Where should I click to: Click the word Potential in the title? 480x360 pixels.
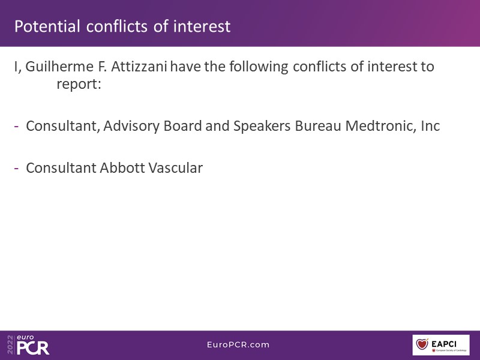[47, 26]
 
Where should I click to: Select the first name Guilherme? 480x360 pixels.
[59, 67]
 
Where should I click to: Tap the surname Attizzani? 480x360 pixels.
[139, 67]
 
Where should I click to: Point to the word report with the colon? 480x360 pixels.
[79, 85]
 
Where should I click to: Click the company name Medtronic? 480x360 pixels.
[380, 126]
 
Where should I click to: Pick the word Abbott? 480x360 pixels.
[122, 168]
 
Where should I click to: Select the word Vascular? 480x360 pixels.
[175, 168]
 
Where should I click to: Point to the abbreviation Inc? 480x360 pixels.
[430, 126]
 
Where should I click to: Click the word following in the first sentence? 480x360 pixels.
[259, 67]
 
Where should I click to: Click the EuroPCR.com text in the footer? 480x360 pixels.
[238, 344]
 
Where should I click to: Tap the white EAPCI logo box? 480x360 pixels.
[441, 345]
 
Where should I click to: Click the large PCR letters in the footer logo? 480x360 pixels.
[33, 348]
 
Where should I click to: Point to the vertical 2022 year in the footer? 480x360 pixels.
[10, 344]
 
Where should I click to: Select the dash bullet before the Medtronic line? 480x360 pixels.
[17, 126]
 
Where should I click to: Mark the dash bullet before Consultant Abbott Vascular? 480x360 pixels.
[17, 168]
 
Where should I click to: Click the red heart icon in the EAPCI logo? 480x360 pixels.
[422, 344]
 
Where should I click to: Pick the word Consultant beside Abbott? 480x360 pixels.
[61, 168]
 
